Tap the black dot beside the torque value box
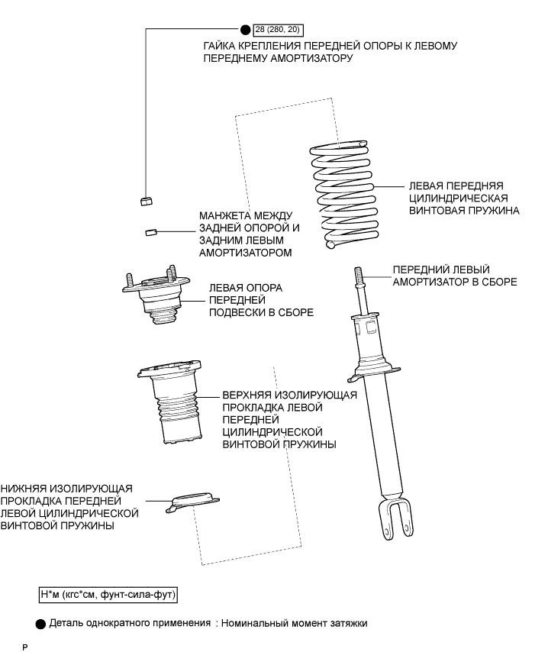pos(245,30)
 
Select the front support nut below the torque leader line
pos(145,201)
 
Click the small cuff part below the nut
pos(150,232)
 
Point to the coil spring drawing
pos(341,195)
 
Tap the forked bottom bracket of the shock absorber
pos(395,518)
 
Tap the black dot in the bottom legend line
pos(40,623)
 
